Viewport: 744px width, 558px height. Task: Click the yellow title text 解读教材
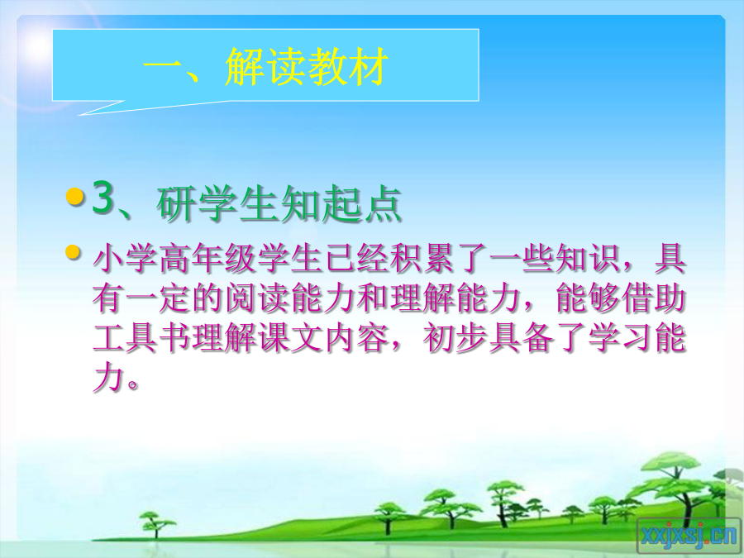point(307,67)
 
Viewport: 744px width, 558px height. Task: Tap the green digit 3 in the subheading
point(103,197)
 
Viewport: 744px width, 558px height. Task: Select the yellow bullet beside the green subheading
point(74,196)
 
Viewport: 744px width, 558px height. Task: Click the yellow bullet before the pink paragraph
point(73,252)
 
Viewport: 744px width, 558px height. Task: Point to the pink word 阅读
point(258,299)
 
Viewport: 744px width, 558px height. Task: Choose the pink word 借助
point(653,299)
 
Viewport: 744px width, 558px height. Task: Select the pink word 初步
point(455,339)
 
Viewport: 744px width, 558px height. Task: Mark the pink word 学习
point(620,339)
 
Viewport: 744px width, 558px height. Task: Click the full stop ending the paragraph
point(133,384)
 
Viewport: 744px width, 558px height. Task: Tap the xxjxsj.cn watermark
point(688,537)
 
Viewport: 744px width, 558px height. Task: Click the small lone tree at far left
point(155,524)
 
